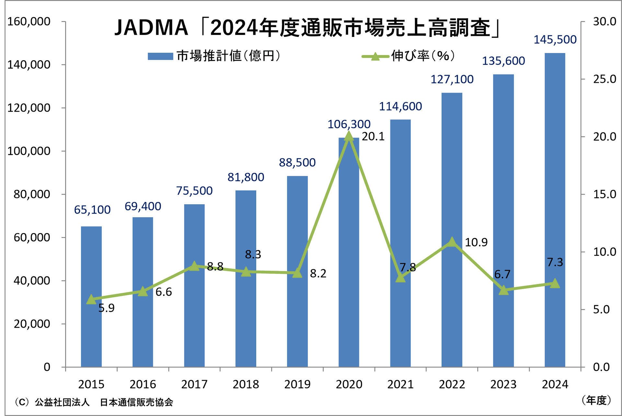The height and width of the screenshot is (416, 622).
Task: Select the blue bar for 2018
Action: point(246,278)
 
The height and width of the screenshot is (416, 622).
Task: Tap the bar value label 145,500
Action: point(555,39)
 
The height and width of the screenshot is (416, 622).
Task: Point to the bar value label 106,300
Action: point(349,124)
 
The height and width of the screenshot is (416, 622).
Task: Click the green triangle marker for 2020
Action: point(349,136)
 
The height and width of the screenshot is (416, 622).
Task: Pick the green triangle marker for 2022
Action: point(452,242)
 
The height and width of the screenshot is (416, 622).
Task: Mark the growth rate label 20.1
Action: point(373,137)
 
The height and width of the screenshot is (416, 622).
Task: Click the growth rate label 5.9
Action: point(106,308)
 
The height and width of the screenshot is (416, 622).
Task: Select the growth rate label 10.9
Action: point(476,242)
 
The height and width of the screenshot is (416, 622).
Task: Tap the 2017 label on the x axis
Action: point(194,384)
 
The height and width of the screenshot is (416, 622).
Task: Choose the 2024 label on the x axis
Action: point(555,384)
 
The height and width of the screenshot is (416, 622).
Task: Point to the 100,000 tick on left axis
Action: point(29,151)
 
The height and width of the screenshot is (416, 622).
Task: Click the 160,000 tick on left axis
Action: point(29,22)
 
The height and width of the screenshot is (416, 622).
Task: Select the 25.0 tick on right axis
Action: point(604,79)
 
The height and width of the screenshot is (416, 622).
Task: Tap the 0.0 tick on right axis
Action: point(601,367)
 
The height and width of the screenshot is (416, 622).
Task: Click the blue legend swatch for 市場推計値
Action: point(160,56)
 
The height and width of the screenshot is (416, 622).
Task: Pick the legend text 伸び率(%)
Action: point(423,56)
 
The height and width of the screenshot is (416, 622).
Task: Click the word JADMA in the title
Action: point(151,28)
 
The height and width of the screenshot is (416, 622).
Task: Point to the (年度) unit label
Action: point(596,400)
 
